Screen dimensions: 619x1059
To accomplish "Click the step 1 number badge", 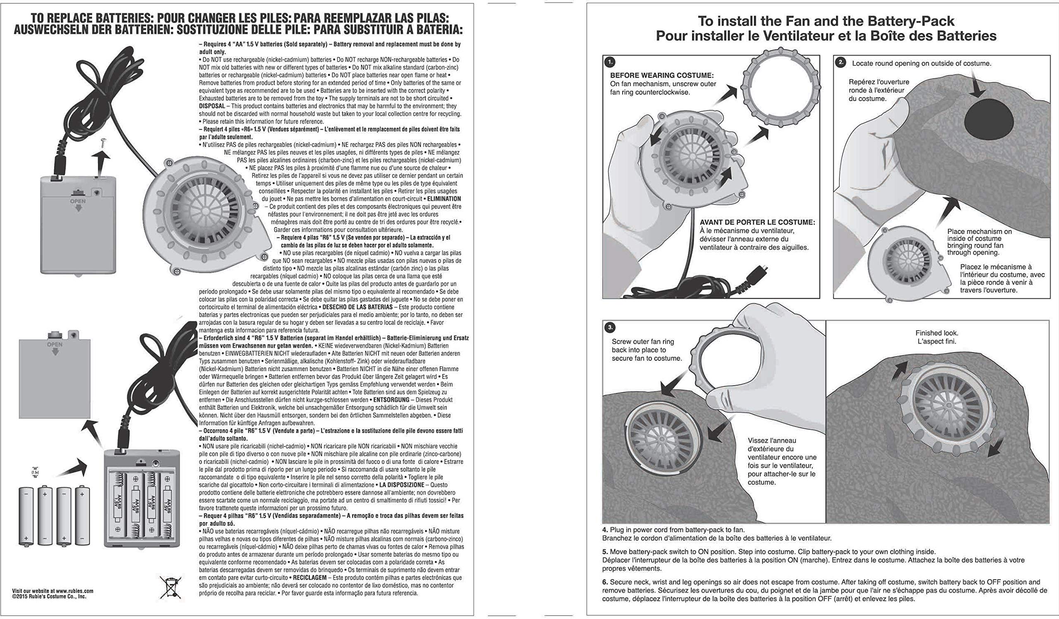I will [x=610, y=62].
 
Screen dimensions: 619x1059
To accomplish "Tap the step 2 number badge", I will [x=840, y=62].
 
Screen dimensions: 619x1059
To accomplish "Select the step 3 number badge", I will [x=610, y=327].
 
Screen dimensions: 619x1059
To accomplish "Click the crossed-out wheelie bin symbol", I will [x=170, y=587].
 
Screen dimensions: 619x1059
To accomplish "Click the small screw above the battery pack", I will [x=103, y=143].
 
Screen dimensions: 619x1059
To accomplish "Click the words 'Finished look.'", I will [x=937, y=333].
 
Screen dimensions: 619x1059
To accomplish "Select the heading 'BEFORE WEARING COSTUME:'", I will [x=661, y=76].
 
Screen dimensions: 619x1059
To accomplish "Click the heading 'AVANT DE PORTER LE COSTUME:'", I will [x=757, y=222].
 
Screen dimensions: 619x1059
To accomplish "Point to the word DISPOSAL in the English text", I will [x=212, y=106].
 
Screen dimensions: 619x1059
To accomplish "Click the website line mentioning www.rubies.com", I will [x=53, y=590].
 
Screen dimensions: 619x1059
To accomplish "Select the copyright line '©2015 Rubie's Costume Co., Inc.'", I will [x=49, y=596].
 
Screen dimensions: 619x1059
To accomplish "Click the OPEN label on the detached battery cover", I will [x=55, y=345].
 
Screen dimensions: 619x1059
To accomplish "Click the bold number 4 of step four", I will [x=605, y=530].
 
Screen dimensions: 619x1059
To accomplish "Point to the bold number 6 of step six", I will [x=605, y=582].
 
